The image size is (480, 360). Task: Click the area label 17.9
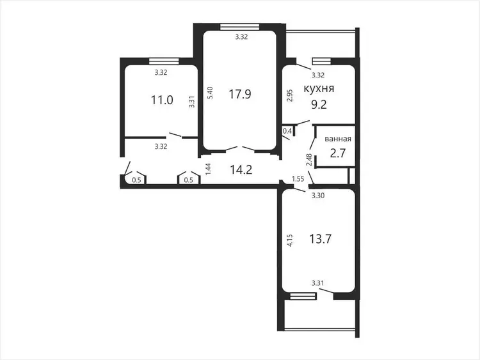click(x=240, y=94)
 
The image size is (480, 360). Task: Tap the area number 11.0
click(x=162, y=100)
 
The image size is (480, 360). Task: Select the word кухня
click(x=319, y=88)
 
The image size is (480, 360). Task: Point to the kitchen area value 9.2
click(x=319, y=105)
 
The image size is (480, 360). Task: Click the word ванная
click(x=338, y=139)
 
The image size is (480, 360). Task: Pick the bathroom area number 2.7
click(x=338, y=153)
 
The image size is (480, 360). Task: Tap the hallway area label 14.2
click(x=241, y=169)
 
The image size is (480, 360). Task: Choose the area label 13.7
click(x=320, y=239)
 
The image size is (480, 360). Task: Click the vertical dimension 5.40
click(x=210, y=92)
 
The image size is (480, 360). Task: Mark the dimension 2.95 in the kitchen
click(x=290, y=95)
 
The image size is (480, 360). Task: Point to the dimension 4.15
click(x=290, y=240)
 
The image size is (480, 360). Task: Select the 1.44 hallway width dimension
click(x=208, y=169)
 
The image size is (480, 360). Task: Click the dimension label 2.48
click(x=309, y=160)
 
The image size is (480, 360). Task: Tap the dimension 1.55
click(x=298, y=178)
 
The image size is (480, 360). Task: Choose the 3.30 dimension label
click(x=318, y=196)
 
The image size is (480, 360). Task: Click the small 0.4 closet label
click(x=287, y=131)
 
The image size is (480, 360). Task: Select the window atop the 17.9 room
click(x=240, y=27)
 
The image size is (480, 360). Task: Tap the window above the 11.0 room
click(x=164, y=61)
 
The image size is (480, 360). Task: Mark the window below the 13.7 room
click(x=303, y=296)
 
